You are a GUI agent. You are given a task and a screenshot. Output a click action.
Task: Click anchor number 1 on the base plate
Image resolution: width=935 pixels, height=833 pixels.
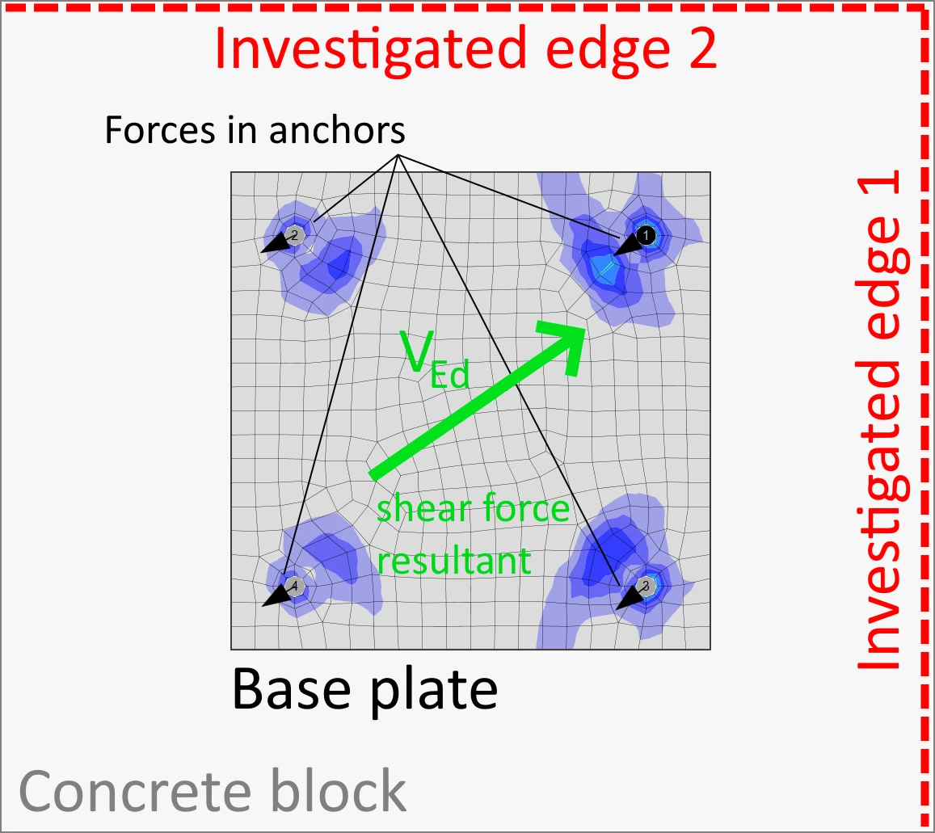pyautogui.click(x=645, y=236)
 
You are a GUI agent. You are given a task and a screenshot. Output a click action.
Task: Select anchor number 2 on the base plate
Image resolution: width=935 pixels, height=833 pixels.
pyautogui.click(x=294, y=235)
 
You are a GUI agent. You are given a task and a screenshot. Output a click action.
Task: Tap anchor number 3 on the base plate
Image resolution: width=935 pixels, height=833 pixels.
pyautogui.click(x=645, y=586)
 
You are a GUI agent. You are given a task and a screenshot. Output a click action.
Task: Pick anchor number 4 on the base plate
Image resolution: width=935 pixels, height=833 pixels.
pyautogui.click(x=294, y=586)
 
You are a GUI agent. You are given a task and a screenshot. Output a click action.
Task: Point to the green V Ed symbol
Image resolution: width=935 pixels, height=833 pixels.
pyautogui.click(x=435, y=360)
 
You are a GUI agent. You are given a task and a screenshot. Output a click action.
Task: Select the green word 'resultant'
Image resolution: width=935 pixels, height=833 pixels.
pyautogui.click(x=454, y=561)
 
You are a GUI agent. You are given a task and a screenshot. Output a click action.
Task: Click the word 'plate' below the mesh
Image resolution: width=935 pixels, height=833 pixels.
pyautogui.click(x=434, y=691)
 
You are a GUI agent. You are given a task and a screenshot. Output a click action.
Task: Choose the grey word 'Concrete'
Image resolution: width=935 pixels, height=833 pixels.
pyautogui.click(x=135, y=791)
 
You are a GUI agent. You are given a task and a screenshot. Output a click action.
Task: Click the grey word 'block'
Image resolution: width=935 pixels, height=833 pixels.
pyautogui.click(x=339, y=790)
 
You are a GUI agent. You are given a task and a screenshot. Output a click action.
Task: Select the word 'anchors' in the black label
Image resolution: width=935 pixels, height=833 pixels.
pyautogui.click(x=337, y=130)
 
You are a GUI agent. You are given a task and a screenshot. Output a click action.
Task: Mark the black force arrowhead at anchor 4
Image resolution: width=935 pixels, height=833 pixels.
pyautogui.click(x=275, y=597)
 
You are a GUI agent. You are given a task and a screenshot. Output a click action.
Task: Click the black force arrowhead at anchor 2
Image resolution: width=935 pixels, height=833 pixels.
pyautogui.click(x=275, y=243)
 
